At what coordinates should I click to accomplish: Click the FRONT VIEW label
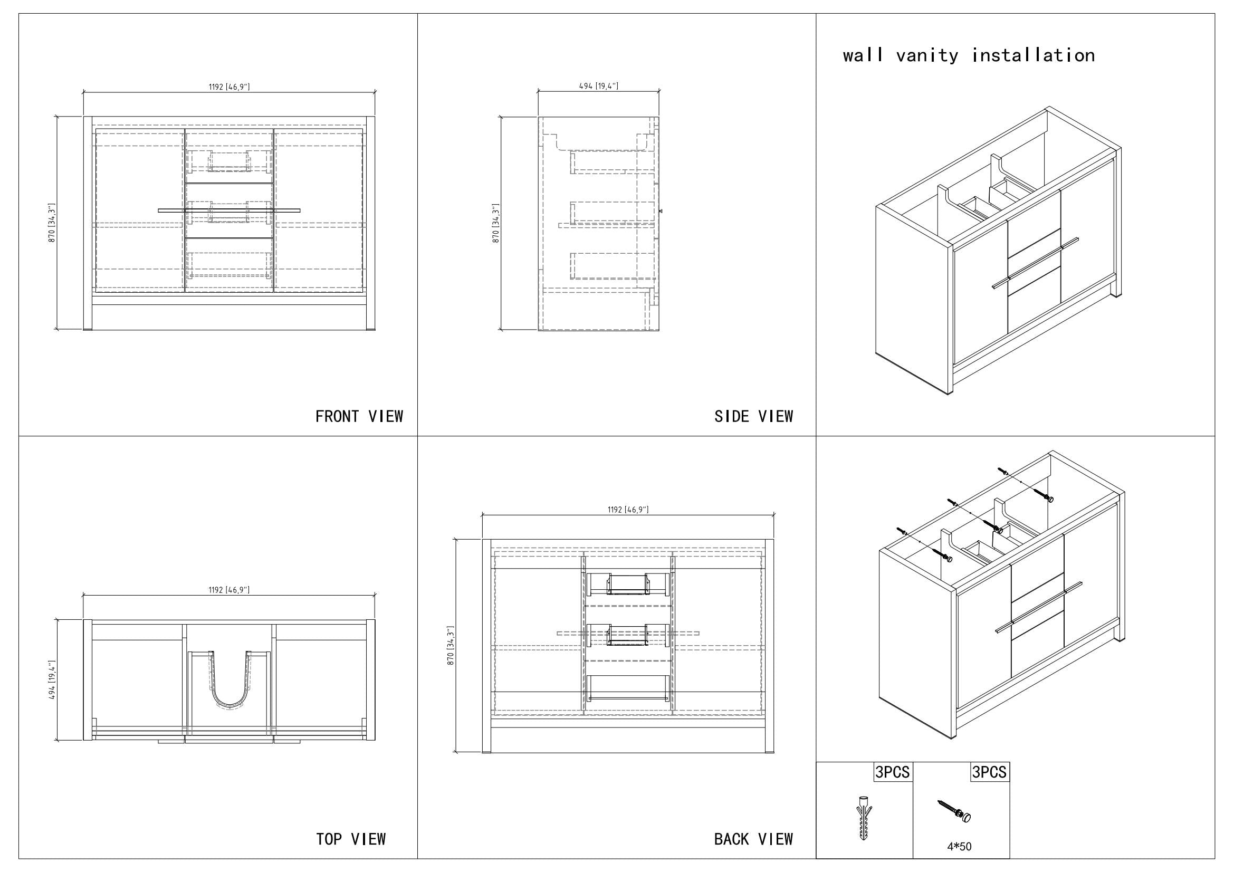click(x=359, y=416)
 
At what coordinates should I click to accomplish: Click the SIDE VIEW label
click(x=753, y=416)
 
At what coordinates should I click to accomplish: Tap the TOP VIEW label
click(x=351, y=839)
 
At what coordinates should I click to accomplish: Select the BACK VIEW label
click(x=753, y=839)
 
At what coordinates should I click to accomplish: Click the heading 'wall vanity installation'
click(x=969, y=55)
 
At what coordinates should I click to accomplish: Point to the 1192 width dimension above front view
click(x=229, y=87)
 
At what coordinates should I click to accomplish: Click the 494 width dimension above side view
click(x=599, y=86)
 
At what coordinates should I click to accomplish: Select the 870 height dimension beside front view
click(x=52, y=223)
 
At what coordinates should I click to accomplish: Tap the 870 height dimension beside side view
click(x=496, y=223)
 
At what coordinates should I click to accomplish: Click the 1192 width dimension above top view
click(x=229, y=590)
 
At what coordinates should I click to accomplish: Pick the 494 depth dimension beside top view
click(x=52, y=680)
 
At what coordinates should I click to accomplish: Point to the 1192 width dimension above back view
click(x=628, y=510)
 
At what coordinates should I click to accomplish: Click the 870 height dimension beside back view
click(x=451, y=645)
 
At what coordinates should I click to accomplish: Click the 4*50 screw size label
click(x=959, y=847)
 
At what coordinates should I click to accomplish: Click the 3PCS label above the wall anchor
click(x=893, y=772)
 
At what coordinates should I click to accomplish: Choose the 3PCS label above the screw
click(x=989, y=772)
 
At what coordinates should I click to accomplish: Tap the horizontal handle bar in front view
click(x=229, y=210)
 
